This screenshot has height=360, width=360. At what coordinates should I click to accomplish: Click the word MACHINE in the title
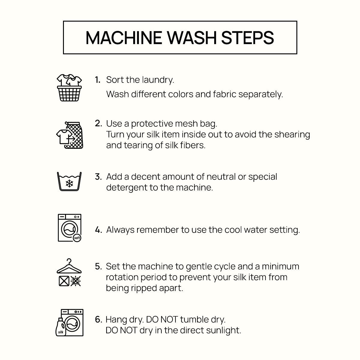click(124, 38)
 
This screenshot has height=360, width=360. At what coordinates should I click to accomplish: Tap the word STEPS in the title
click(248, 38)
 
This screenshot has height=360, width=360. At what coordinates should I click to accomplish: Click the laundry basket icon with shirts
click(69, 88)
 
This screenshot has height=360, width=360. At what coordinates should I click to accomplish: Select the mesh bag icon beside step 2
click(74, 135)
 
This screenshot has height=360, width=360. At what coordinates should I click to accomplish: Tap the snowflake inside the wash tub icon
click(69, 183)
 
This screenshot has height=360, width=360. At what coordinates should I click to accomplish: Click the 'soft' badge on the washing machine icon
click(77, 238)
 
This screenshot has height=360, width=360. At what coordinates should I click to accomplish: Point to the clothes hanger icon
click(69, 266)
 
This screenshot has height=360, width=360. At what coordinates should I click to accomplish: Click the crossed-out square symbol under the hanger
click(64, 281)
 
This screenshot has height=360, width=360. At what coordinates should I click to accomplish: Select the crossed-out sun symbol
click(76, 281)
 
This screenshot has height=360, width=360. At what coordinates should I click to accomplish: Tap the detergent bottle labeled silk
click(61, 327)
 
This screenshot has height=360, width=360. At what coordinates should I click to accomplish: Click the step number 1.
click(97, 80)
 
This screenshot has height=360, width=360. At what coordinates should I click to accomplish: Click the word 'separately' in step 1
click(261, 94)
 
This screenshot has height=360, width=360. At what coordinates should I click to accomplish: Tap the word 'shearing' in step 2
click(292, 135)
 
